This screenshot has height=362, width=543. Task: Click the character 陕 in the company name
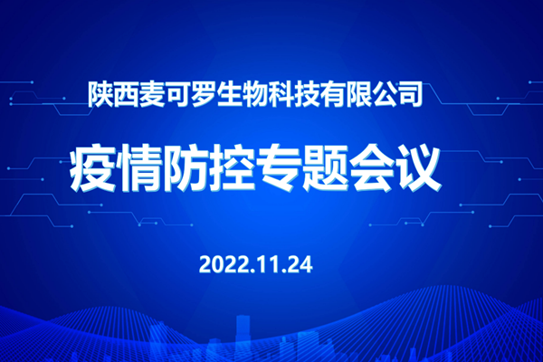(100, 94)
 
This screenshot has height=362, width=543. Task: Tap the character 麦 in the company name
(152, 94)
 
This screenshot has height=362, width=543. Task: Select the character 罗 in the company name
(204, 94)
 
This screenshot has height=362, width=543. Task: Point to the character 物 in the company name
(255, 94)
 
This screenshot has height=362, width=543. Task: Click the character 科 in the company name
(281, 94)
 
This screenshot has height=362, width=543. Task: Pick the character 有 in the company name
(332, 94)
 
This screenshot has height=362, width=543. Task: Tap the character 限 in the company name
(357, 94)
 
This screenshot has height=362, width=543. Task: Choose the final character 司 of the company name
(409, 94)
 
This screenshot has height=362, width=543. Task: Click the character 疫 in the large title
(93, 168)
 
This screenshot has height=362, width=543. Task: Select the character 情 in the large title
(139, 168)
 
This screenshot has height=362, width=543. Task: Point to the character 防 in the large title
(186, 168)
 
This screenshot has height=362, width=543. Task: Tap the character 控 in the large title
(232, 168)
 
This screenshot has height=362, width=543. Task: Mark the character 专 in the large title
(279, 168)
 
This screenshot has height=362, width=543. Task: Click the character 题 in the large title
(325, 168)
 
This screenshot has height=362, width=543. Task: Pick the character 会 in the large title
(371, 168)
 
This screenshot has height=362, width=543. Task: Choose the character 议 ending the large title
(417, 168)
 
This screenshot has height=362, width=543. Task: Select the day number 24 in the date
(300, 265)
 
